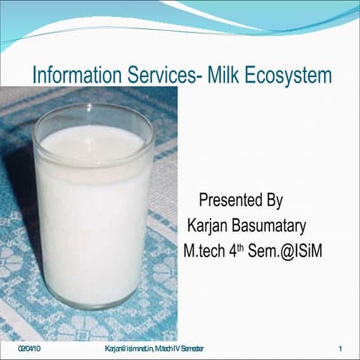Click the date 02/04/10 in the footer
coord(29,349)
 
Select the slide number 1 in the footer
coord(340,349)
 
